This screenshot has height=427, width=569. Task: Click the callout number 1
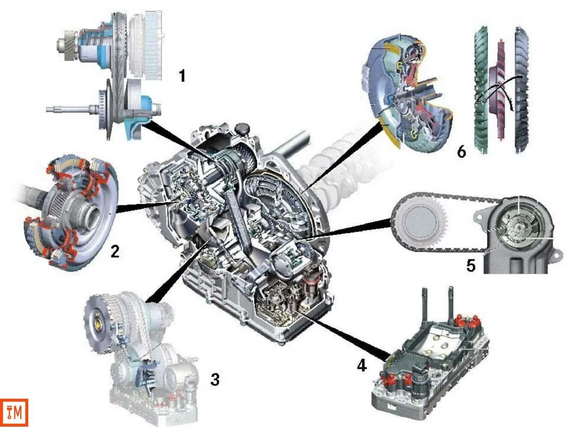[182, 76]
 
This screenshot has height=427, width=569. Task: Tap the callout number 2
[115, 251]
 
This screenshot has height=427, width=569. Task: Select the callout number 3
[215, 379]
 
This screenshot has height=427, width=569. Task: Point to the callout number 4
[362, 365]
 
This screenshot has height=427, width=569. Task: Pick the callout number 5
[471, 265]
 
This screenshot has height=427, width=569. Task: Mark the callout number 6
[461, 151]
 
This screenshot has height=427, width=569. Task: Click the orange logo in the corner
[14, 412]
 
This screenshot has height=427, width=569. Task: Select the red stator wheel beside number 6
[500, 90]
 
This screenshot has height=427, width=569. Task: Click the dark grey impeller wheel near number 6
[521, 90]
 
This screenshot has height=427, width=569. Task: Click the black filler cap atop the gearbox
[243, 128]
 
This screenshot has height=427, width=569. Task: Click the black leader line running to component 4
[343, 334]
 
